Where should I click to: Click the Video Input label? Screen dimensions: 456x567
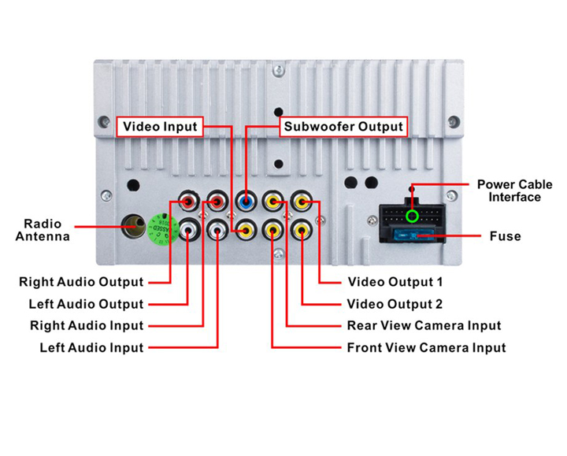point(159,127)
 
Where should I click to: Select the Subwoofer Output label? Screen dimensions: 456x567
point(343,127)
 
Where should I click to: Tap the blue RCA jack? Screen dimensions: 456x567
point(247,202)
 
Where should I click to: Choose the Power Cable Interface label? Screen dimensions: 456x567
point(514,191)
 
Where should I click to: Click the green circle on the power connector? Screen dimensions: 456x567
point(413,215)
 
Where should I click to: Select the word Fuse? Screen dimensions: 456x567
point(505,235)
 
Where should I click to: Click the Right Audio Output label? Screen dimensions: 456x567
point(81,282)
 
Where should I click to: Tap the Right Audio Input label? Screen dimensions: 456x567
point(87,325)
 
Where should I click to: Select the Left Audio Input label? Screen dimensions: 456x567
point(91,347)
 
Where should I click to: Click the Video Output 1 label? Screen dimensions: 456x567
point(395,282)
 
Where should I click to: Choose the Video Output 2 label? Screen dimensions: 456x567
point(395,304)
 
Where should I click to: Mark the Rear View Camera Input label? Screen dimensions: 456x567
point(424,325)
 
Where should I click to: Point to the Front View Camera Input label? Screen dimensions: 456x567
point(426,347)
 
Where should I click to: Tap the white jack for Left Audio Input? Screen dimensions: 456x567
point(218,230)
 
